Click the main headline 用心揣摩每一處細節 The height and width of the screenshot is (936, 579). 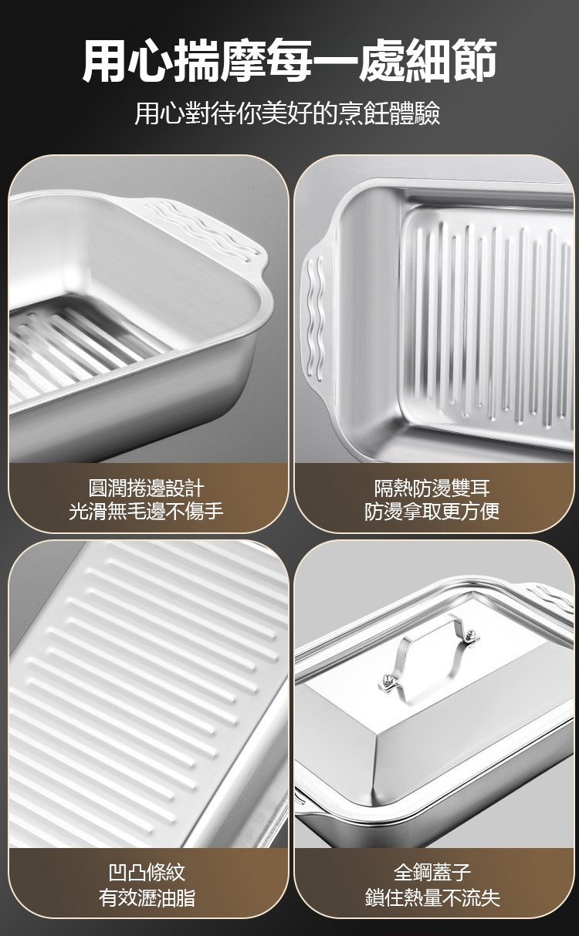point(289,61)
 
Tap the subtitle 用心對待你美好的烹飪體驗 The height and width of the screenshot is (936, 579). point(287,113)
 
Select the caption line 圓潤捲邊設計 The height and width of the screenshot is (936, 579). point(147,487)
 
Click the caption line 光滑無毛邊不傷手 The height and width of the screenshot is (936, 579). point(147,511)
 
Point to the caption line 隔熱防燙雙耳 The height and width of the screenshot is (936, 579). point(432,487)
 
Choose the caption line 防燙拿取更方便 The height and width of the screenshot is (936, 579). point(432,511)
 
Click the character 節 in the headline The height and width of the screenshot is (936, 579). point(475,61)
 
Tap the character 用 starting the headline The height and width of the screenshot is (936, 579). point(104,61)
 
